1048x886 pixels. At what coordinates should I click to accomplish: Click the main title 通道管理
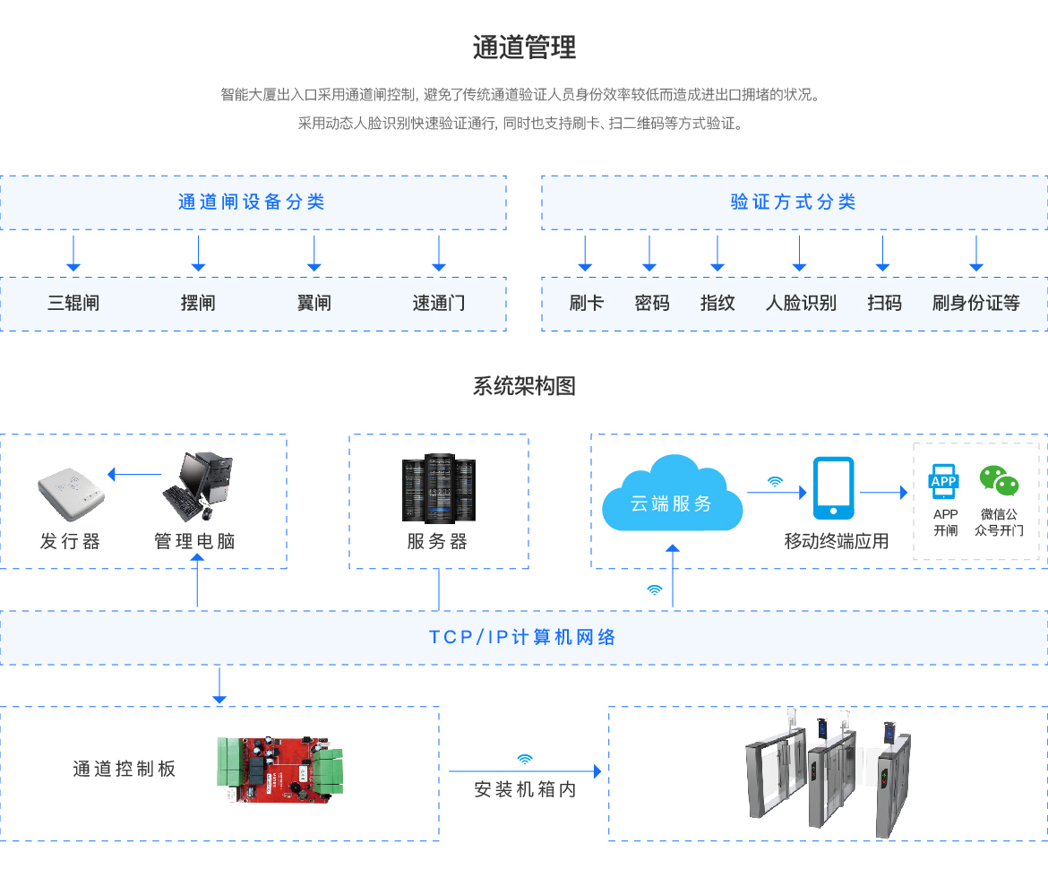(x=524, y=47)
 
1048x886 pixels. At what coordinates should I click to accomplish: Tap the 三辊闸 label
(x=73, y=303)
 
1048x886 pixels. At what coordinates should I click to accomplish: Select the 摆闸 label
(x=198, y=303)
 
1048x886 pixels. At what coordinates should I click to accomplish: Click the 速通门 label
(x=439, y=303)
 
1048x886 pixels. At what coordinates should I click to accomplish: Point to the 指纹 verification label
(x=717, y=303)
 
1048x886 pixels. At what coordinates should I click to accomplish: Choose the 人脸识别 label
(x=801, y=303)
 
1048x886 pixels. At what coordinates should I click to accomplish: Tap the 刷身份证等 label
(x=975, y=303)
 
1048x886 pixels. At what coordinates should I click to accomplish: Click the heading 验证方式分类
(x=794, y=202)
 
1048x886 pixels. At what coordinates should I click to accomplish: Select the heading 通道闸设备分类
(x=252, y=202)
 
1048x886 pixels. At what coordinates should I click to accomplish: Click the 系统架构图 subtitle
(x=524, y=386)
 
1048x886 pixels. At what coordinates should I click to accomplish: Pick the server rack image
(x=439, y=488)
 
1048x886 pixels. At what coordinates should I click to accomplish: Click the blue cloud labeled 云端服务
(x=672, y=495)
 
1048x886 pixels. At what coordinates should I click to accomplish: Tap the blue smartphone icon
(x=833, y=488)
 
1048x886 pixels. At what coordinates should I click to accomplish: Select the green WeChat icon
(x=999, y=480)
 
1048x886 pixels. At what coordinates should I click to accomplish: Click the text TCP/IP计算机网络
(x=523, y=637)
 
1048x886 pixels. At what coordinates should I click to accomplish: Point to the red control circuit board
(x=279, y=769)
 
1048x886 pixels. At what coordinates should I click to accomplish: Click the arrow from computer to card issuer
(x=133, y=474)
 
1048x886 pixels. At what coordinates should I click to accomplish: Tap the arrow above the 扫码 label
(x=883, y=253)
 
